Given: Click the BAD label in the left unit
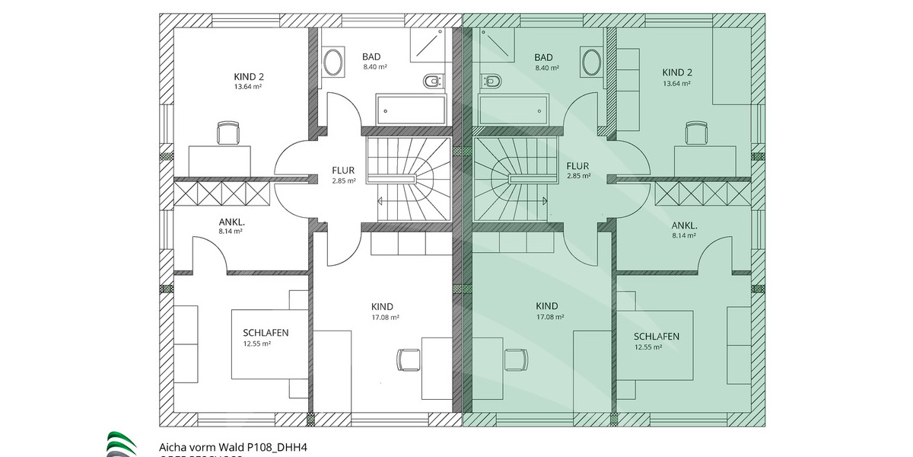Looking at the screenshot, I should point(371,56).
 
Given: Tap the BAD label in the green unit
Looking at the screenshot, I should point(543,57).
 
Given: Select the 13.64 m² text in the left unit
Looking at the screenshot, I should point(249,87).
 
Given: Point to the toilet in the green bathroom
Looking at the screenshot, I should point(491,80).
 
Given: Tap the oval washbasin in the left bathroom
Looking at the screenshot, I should point(332,61).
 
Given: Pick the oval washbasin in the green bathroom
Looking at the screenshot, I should point(590,61).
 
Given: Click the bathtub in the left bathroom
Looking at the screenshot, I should point(409,110).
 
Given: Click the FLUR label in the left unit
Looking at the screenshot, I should point(344,170).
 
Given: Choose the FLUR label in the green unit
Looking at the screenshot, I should point(578,165).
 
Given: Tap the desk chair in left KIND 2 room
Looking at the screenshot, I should point(227,133).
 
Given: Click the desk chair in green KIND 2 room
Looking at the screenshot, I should point(695,133).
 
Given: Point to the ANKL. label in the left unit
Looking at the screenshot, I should point(231,222).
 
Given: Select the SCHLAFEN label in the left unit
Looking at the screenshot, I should point(266,333).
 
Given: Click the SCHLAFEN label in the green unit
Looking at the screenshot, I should point(657,336).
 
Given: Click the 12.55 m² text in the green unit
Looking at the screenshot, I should point(648,347).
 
